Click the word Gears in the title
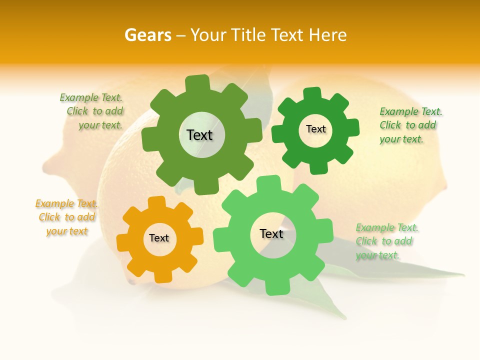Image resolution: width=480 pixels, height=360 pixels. [147, 35]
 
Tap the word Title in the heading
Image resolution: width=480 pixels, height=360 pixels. [248, 35]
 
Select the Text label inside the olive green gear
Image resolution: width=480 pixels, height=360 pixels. [199, 135]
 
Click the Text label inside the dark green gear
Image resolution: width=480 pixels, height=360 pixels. [315, 129]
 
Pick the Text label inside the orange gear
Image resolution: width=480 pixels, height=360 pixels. [159, 238]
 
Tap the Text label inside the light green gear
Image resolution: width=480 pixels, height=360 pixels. [271, 233]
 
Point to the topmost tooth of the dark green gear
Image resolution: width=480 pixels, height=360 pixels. [313, 94]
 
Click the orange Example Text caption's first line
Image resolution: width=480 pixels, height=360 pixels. [66, 203]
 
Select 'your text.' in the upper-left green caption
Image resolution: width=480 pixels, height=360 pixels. [100, 125]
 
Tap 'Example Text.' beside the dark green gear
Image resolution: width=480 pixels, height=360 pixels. [410, 111]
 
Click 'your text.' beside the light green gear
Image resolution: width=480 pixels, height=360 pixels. [377, 255]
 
